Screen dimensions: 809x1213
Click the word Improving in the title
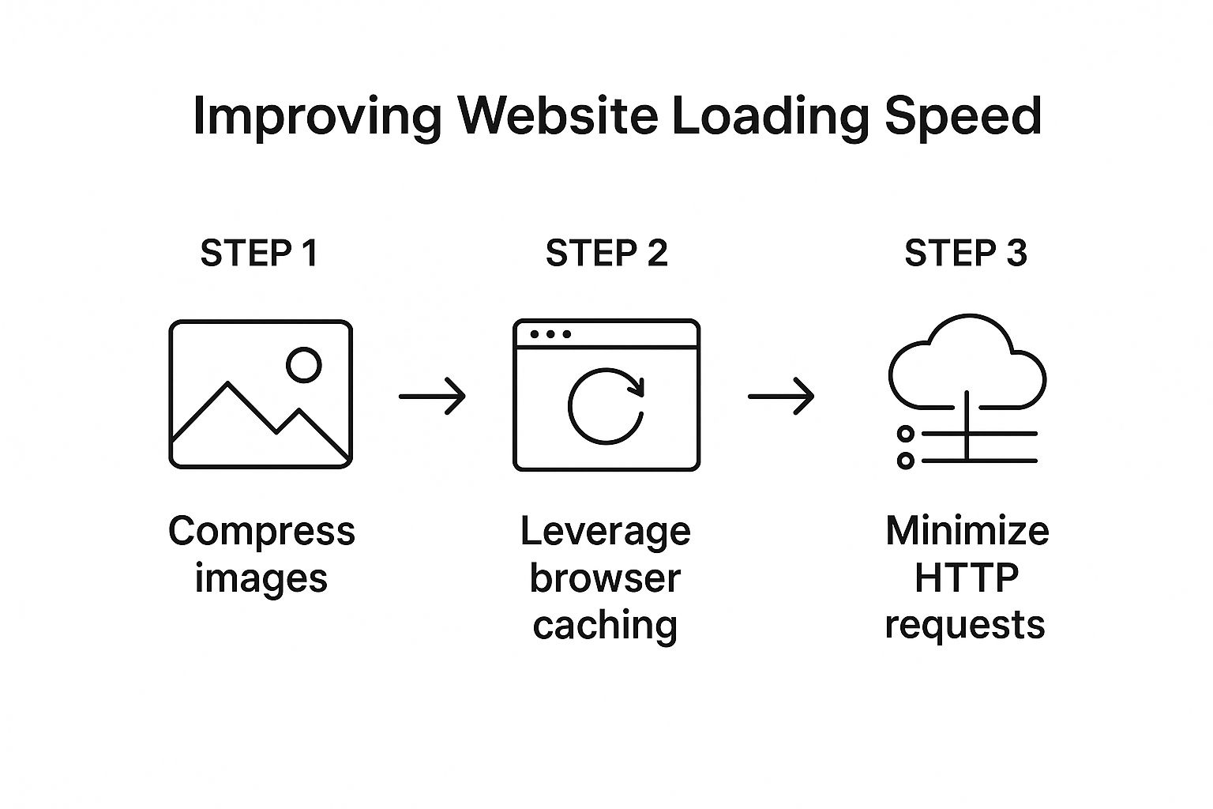click(x=317, y=117)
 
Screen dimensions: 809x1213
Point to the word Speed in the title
click(x=963, y=117)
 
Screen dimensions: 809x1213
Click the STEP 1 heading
click(x=259, y=254)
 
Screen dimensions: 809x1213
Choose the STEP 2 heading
click(x=606, y=254)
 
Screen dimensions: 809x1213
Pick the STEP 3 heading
click(x=965, y=254)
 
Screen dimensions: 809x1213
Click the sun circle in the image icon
click(x=304, y=365)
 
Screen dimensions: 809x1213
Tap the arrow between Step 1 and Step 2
click(x=432, y=395)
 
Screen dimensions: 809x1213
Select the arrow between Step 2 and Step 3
click(x=781, y=395)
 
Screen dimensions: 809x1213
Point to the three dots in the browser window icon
click(x=550, y=334)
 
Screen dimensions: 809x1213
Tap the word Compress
click(x=261, y=531)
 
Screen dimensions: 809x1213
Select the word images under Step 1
click(x=261, y=578)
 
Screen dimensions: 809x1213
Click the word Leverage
click(x=606, y=531)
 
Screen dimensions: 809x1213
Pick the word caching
click(x=605, y=625)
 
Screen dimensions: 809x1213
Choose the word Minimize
click(x=967, y=531)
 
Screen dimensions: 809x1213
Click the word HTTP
click(x=967, y=578)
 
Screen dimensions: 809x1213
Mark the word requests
click(x=965, y=625)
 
